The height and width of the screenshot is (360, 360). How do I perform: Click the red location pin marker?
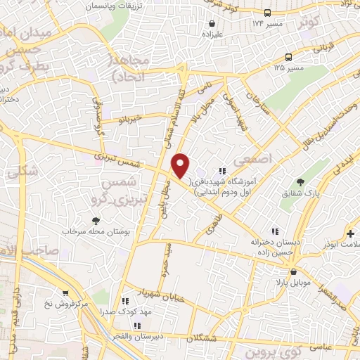pyautogui.click(x=181, y=165)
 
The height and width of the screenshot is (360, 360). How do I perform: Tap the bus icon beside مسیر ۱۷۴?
pyautogui.click(x=267, y=13)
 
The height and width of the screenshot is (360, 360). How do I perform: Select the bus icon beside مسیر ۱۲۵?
pyautogui.click(x=289, y=58)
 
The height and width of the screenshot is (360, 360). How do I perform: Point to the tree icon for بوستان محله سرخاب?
pyautogui.click(x=96, y=221)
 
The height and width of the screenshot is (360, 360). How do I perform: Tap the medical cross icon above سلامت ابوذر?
pyautogui.click(x=349, y=233)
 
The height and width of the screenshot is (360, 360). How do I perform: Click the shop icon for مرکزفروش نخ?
pyautogui.click(x=65, y=293)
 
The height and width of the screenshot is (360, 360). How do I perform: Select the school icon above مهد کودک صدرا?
pyautogui.click(x=124, y=300)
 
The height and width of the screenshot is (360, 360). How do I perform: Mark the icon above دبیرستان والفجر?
pyautogui.click(x=137, y=326)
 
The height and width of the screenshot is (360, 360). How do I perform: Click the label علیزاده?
pyautogui.click(x=212, y=34)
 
